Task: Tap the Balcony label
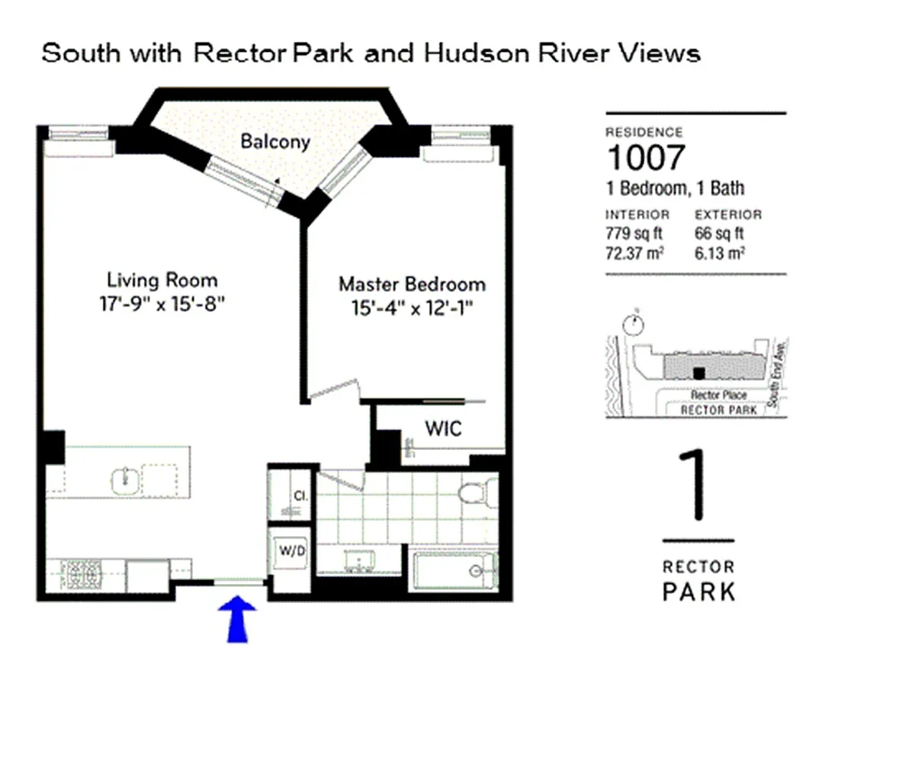pyautogui.click(x=275, y=142)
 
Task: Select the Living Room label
pyautogui.click(x=162, y=280)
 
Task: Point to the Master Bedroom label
pyautogui.click(x=412, y=285)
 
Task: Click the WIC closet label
pyautogui.click(x=443, y=428)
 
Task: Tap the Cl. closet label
pyautogui.click(x=300, y=496)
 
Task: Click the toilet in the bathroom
pyautogui.click(x=474, y=493)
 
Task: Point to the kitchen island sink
pyautogui.click(x=126, y=480)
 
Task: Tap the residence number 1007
pyautogui.click(x=645, y=158)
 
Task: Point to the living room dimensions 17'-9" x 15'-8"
pyautogui.click(x=162, y=303)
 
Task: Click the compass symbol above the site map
pyautogui.click(x=632, y=324)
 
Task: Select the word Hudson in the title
pyautogui.click(x=462, y=54)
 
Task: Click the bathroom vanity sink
pyautogui.click(x=356, y=563)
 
